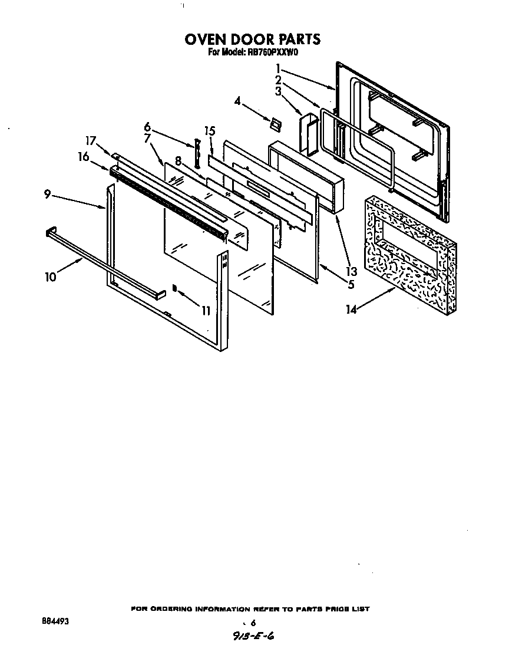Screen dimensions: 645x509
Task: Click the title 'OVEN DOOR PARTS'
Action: [253, 40]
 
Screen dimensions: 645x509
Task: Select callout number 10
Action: [51, 277]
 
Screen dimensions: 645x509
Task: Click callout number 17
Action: [90, 141]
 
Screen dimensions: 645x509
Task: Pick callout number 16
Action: [83, 156]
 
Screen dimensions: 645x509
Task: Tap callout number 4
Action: [237, 101]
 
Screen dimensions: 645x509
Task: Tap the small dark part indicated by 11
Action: [174, 288]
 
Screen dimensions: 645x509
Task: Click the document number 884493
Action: [54, 621]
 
